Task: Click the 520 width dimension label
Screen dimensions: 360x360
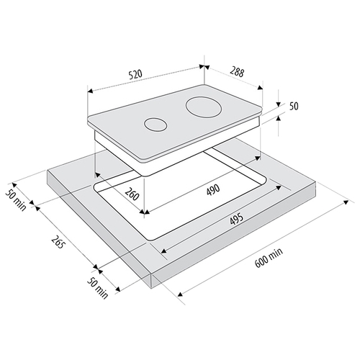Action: pos(135,74)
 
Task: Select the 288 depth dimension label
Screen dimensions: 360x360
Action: pos(237,71)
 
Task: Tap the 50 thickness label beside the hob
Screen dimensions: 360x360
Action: pos(294,106)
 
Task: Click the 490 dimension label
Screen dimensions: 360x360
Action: pos(213,189)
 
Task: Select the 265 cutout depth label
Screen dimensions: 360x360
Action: pos(58,241)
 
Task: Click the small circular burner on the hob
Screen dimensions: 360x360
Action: pos(156,125)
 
